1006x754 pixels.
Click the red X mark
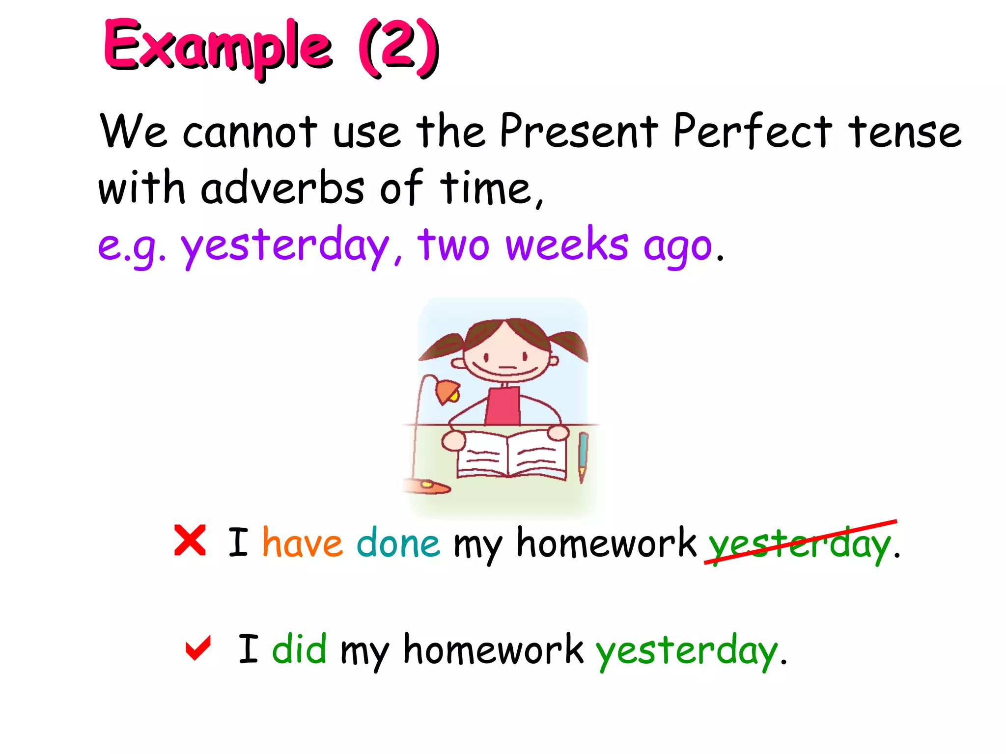(x=190, y=540)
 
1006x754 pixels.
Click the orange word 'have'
(x=302, y=543)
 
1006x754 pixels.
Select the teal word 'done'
(x=398, y=543)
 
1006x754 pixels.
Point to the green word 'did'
(x=299, y=649)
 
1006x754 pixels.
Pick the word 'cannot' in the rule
(x=250, y=132)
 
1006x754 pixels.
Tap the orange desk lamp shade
(x=447, y=392)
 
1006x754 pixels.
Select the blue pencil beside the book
(x=583, y=454)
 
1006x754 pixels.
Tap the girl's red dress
(x=503, y=406)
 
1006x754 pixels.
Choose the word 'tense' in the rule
(x=904, y=132)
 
